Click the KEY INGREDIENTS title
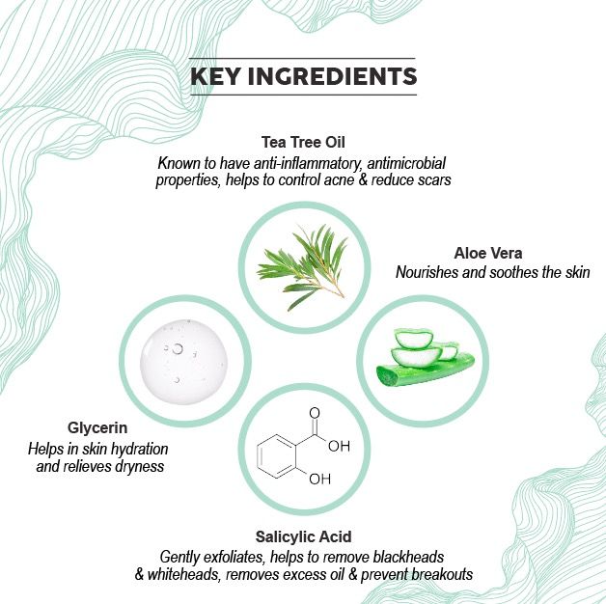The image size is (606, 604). click(303, 76)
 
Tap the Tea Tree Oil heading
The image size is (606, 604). click(303, 142)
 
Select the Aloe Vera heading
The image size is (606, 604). click(488, 253)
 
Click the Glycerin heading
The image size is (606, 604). click(97, 427)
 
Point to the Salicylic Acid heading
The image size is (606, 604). click(303, 536)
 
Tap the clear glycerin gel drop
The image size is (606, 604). click(184, 362)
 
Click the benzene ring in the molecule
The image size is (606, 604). click(277, 456)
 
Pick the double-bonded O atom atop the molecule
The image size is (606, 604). click(315, 413)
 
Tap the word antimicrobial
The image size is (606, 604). click(406, 163)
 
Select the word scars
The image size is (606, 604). click(435, 180)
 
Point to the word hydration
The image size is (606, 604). click(139, 449)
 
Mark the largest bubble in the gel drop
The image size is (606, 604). click(178, 349)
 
